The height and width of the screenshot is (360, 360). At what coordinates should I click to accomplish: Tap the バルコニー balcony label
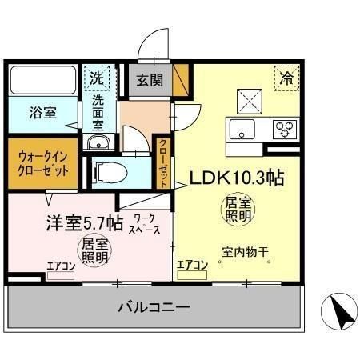tap(154, 306)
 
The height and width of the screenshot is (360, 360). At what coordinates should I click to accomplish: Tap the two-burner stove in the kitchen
tap(284, 128)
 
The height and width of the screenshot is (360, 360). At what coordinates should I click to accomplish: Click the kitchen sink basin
tap(242, 129)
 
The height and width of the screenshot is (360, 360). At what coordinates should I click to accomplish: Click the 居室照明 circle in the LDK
tap(236, 210)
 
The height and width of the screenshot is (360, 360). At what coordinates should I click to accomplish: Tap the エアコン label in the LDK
tap(191, 265)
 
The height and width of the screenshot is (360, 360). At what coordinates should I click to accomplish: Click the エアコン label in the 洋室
tap(60, 266)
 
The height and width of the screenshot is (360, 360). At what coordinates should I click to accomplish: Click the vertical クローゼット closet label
tap(162, 162)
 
